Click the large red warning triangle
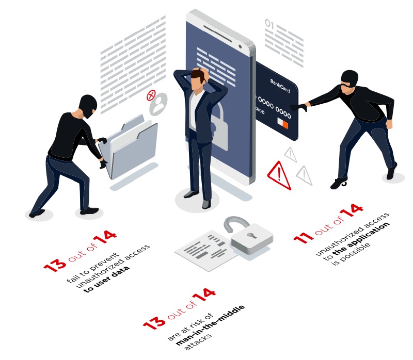click(x=279, y=175)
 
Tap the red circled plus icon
click(x=151, y=95)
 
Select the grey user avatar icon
click(x=158, y=104)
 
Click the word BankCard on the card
click(x=280, y=86)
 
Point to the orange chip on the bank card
click(x=285, y=124)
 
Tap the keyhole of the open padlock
click(x=251, y=235)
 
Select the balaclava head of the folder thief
click(x=88, y=106)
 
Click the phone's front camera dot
click(x=240, y=46)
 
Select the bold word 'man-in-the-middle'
click(x=210, y=325)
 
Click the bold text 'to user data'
click(x=107, y=279)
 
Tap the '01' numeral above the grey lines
click(x=269, y=24)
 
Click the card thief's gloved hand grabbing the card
click(x=299, y=107)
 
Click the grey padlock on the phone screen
click(x=218, y=126)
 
